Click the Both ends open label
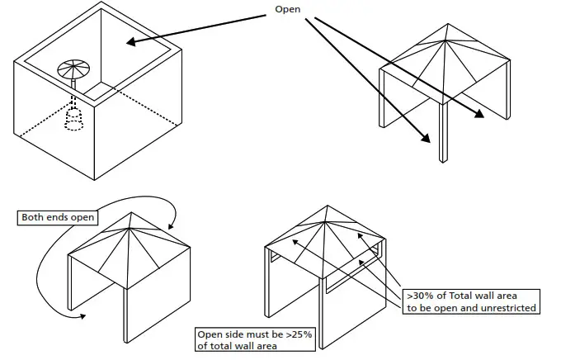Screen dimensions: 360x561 (x=54, y=218)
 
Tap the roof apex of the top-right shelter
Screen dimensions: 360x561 (x=445, y=26)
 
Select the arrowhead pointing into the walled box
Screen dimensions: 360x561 (x=130, y=42)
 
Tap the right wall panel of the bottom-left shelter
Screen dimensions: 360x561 (x=158, y=289)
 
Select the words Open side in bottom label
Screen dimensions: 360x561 (x=219, y=335)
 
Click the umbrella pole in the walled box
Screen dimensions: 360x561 (x=74, y=83)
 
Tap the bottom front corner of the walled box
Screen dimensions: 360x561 (x=96, y=178)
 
